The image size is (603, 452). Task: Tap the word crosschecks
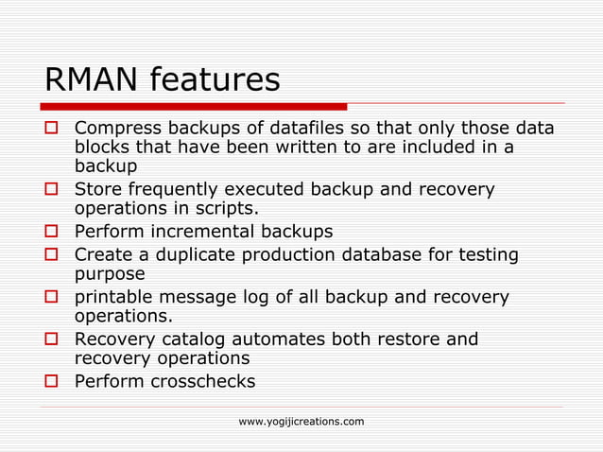point(203,382)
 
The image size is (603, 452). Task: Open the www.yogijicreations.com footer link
point(301,421)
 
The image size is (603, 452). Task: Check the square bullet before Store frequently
point(54,190)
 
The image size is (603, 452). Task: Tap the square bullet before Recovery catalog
point(54,339)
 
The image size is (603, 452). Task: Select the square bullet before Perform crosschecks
point(54,382)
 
